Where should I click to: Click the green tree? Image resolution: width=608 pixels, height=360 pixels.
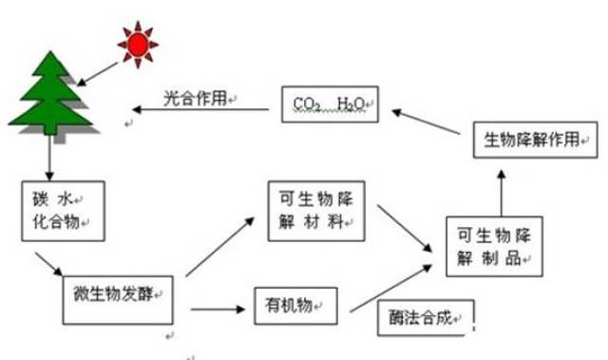click(48, 95)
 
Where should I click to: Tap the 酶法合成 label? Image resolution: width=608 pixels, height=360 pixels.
click(422, 318)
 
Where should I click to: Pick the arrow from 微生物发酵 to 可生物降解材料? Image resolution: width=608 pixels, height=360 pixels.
click(220, 247)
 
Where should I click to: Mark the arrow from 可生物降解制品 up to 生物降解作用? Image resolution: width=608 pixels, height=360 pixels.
click(501, 190)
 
